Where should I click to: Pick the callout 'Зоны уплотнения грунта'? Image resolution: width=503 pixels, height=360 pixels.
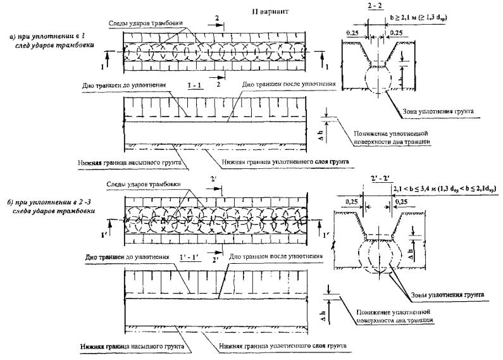[445, 295]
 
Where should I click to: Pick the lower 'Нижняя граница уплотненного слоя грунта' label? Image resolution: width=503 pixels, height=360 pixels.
[276, 347]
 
